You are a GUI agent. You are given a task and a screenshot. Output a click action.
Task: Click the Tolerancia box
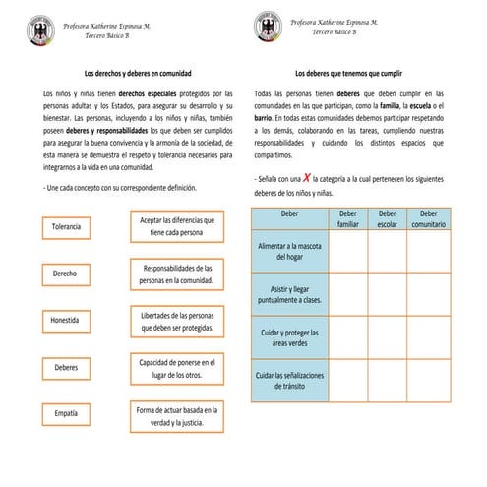[x=67, y=227]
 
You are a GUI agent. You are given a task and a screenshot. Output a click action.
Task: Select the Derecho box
[x=67, y=274]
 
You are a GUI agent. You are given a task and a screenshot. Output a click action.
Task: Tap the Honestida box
[x=67, y=320]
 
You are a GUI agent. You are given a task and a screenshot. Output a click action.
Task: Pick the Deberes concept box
[x=67, y=367]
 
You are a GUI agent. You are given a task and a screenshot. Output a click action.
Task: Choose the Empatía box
[x=67, y=413]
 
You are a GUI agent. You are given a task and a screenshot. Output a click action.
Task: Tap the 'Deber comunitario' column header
[x=428, y=218]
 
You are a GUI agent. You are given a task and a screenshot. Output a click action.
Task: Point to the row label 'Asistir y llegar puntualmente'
[x=289, y=293]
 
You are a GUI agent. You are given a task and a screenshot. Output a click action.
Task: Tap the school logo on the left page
[x=40, y=26]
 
